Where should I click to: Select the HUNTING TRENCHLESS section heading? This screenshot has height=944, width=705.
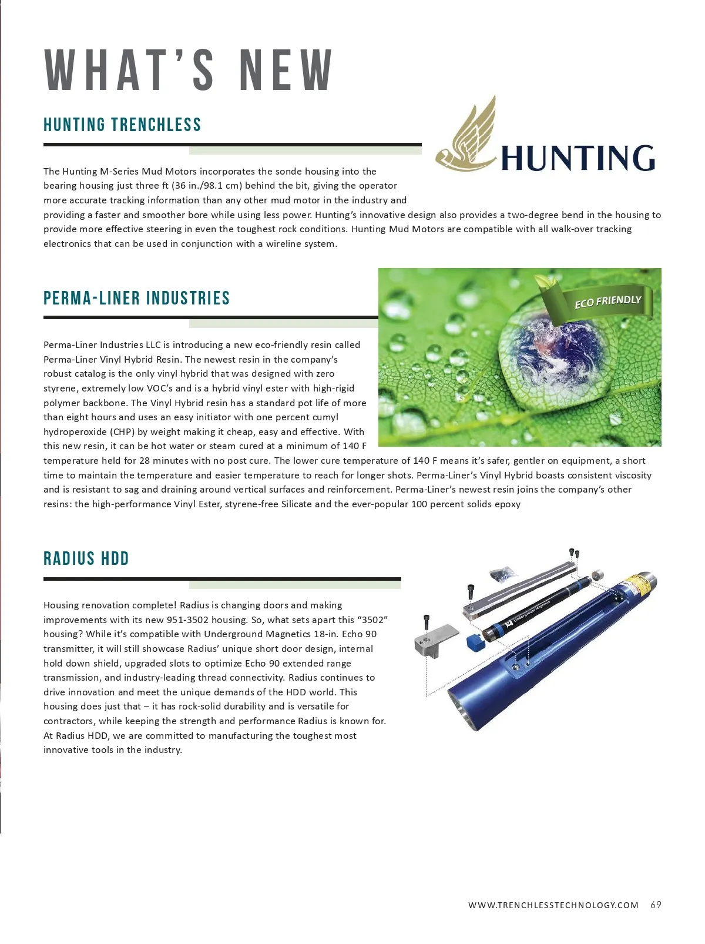pos(122,125)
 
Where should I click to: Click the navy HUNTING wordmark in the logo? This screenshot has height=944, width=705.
pos(578,158)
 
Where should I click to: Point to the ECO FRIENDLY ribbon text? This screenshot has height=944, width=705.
pos(607,302)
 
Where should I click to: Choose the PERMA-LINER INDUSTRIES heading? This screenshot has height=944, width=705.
pos(136,298)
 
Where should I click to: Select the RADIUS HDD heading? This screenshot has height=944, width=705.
pos(86,558)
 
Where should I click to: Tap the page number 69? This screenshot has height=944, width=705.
pos(656,905)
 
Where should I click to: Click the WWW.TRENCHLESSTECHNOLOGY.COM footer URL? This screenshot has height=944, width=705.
pos(553,905)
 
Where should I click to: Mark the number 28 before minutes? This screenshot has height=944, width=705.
pos(145,460)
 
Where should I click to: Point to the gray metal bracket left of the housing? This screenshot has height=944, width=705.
pos(436,641)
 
